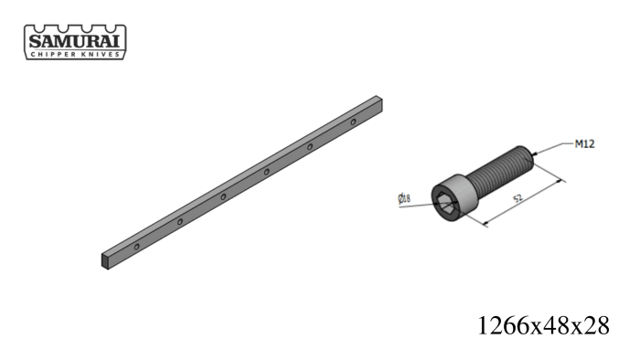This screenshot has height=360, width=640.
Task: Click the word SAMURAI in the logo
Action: point(75,42)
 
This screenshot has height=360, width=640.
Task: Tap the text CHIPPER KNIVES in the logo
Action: point(75,54)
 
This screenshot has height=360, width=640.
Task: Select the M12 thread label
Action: point(584,144)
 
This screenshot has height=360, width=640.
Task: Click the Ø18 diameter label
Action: point(404,198)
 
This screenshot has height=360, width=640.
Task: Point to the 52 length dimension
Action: point(517,198)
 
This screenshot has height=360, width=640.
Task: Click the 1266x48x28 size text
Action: point(543,325)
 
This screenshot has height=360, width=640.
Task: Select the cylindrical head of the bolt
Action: point(453,197)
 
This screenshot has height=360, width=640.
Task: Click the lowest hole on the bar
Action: point(137,247)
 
